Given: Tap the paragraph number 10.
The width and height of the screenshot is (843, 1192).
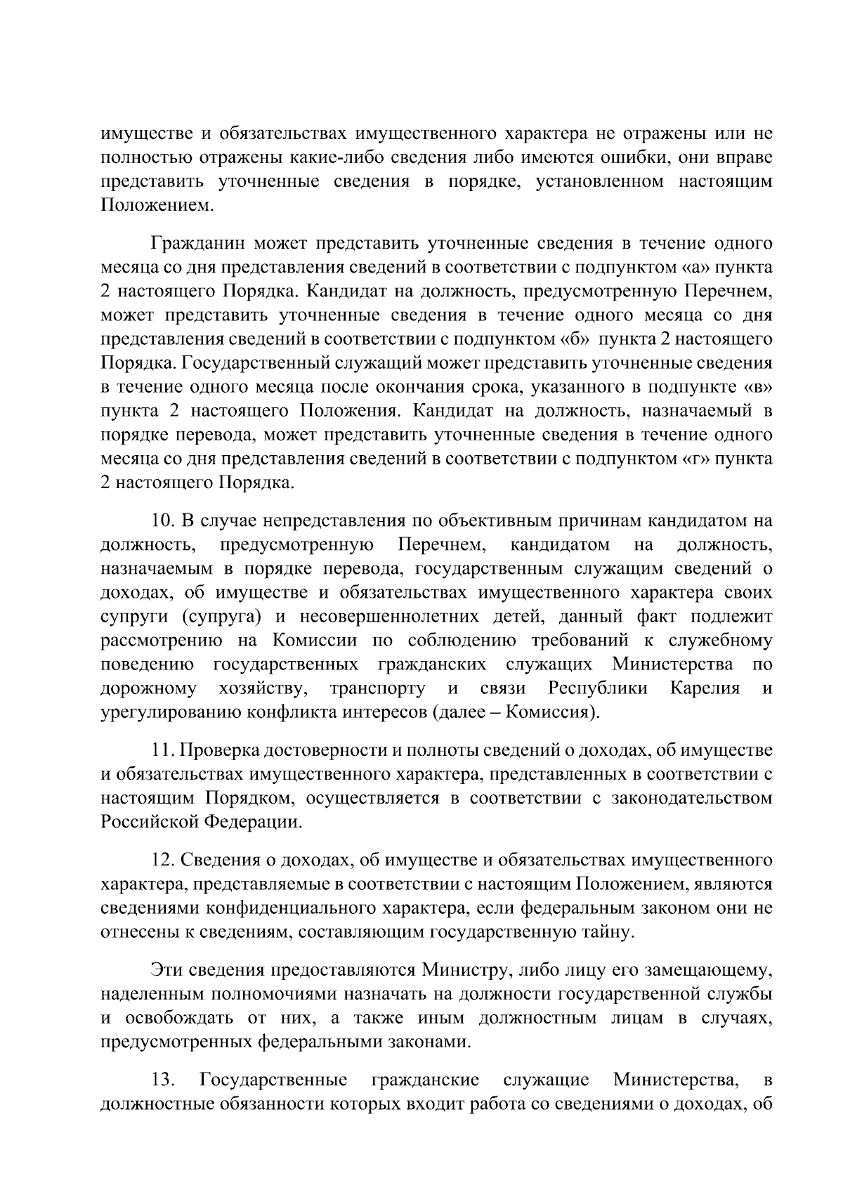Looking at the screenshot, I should pos(164,520).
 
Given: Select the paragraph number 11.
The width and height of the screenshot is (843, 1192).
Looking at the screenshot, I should pos(163,750).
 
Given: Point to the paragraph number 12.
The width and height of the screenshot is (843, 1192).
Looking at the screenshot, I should pos(164,860).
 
